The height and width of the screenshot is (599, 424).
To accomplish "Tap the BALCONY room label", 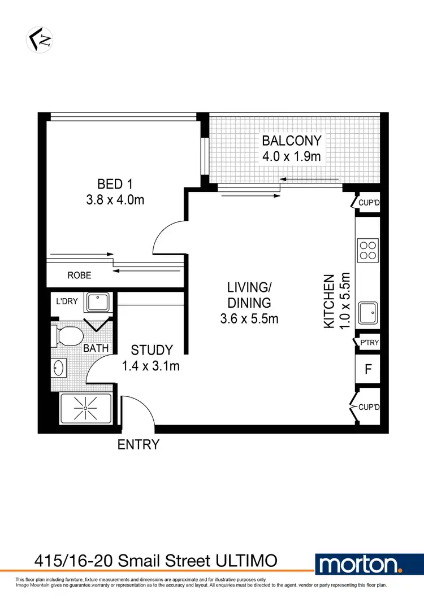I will coord(291,141).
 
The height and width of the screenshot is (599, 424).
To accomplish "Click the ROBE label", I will coord(79,276).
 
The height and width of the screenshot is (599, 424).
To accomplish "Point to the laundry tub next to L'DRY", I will coord(98,303).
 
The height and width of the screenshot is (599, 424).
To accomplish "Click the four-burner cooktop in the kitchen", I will coord(367,250).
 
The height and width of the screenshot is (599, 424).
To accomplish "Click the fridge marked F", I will coord(368,370).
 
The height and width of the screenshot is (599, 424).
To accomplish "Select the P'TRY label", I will coord(369,343).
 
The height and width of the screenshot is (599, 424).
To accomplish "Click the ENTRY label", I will coord(138,445).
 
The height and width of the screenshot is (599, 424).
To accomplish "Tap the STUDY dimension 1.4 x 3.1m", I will coord(150,366).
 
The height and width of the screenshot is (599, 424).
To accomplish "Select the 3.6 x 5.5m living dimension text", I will coord(249,319).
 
